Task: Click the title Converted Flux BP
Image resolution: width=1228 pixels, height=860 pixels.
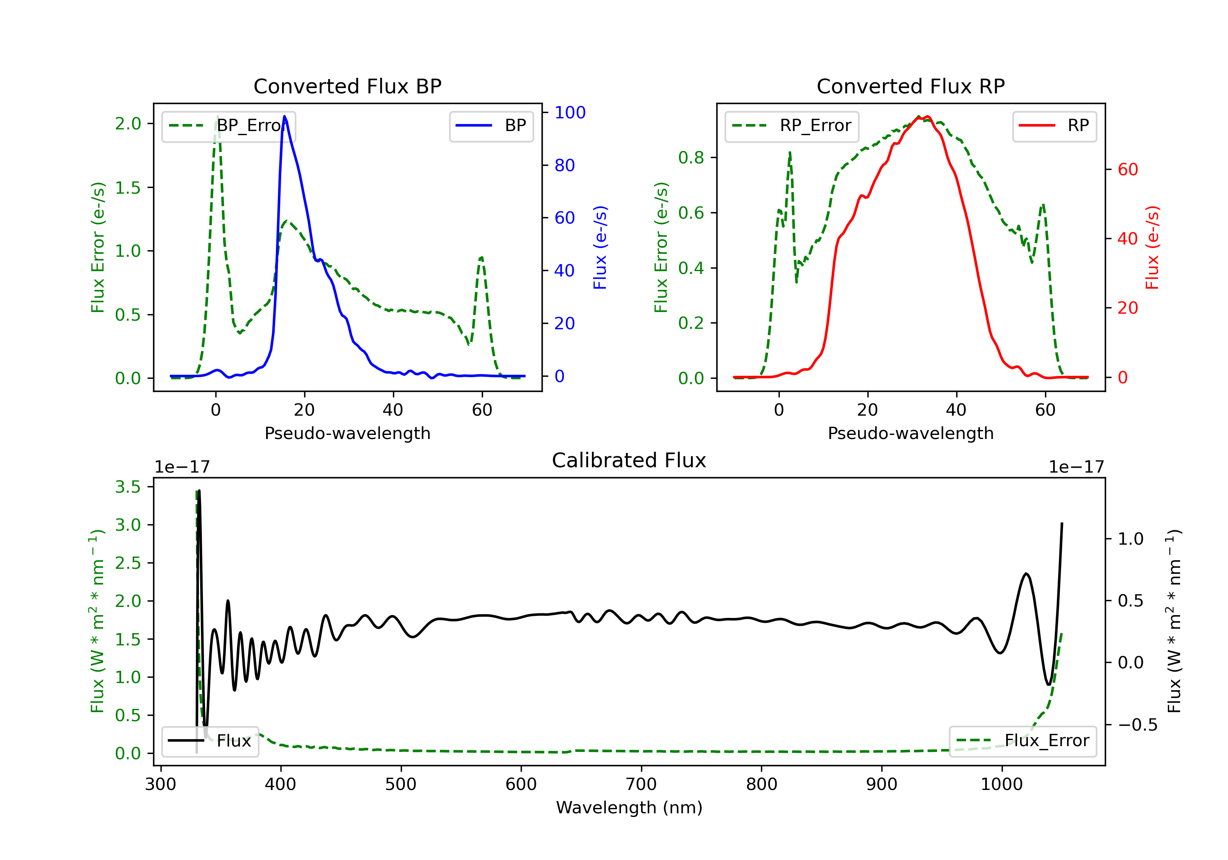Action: coord(347,86)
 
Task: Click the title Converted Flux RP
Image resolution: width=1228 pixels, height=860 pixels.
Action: coord(910,86)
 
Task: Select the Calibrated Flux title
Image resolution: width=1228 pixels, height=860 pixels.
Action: coord(629,460)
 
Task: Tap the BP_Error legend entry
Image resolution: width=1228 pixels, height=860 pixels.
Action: coord(228,126)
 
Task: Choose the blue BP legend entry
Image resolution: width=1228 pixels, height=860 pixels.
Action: coord(491,126)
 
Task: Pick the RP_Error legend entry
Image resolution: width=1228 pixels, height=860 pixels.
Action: coord(792,126)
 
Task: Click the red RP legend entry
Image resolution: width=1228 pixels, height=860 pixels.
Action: coord(1054,126)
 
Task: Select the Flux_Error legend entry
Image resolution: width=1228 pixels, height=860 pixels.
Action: coord(1023,741)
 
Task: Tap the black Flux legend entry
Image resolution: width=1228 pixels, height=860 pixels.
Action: coord(210,741)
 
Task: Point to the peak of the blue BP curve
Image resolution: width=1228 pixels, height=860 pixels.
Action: coord(284,116)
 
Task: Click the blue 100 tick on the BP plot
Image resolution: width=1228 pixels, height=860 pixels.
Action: coord(570,112)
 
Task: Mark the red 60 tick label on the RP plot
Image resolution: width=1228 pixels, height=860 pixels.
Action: coord(1128,170)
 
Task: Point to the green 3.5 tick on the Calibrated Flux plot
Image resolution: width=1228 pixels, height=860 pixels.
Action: coord(128,487)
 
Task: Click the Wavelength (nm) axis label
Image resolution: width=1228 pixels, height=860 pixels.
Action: coord(629,808)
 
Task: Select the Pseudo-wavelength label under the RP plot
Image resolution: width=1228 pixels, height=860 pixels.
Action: coord(910,433)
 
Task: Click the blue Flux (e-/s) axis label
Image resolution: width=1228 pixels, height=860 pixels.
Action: coord(600,247)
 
